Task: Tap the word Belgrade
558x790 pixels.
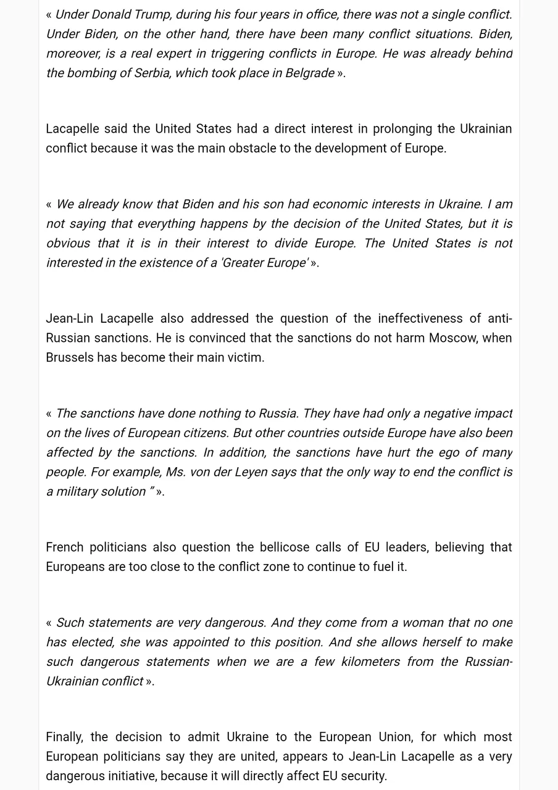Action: pos(309,73)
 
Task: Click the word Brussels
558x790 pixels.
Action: pos(69,357)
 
